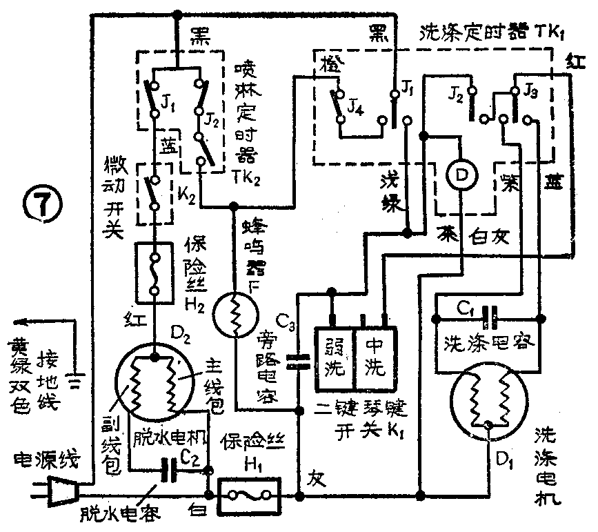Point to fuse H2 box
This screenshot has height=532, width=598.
coord(156,273)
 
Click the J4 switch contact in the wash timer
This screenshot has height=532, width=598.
coord(338,104)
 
